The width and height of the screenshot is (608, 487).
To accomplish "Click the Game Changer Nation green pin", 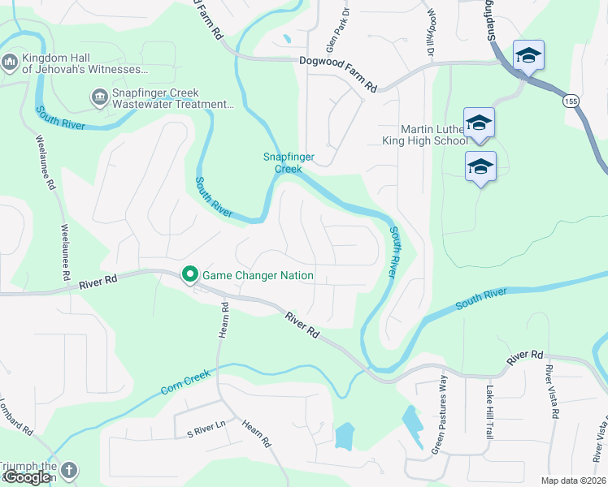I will [x=190, y=275].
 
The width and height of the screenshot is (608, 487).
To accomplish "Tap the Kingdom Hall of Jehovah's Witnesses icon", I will [x=11, y=62].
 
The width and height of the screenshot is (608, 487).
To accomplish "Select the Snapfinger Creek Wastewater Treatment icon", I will [x=100, y=98].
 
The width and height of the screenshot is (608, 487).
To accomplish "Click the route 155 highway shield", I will [x=570, y=101].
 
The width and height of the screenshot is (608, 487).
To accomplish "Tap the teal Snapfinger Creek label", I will [x=288, y=163].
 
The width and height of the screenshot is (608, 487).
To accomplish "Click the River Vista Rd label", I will [x=554, y=392].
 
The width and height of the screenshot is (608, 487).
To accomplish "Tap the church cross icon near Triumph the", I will [x=69, y=470].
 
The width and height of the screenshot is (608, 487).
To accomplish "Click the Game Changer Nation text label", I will [x=258, y=275].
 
